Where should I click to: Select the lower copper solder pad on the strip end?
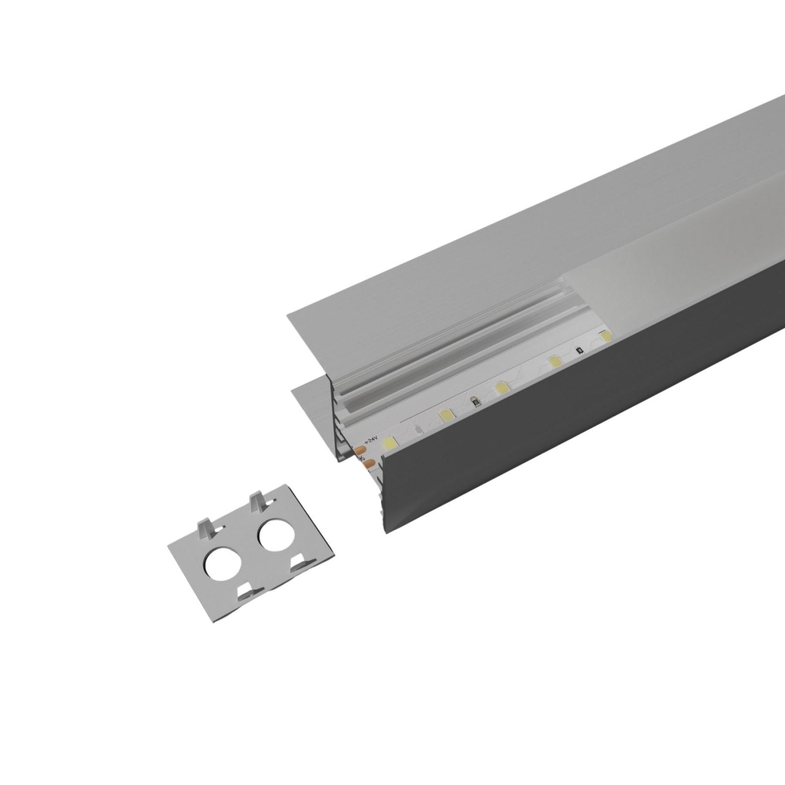pos(369,462)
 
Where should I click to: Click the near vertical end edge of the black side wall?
pos(384,496)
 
